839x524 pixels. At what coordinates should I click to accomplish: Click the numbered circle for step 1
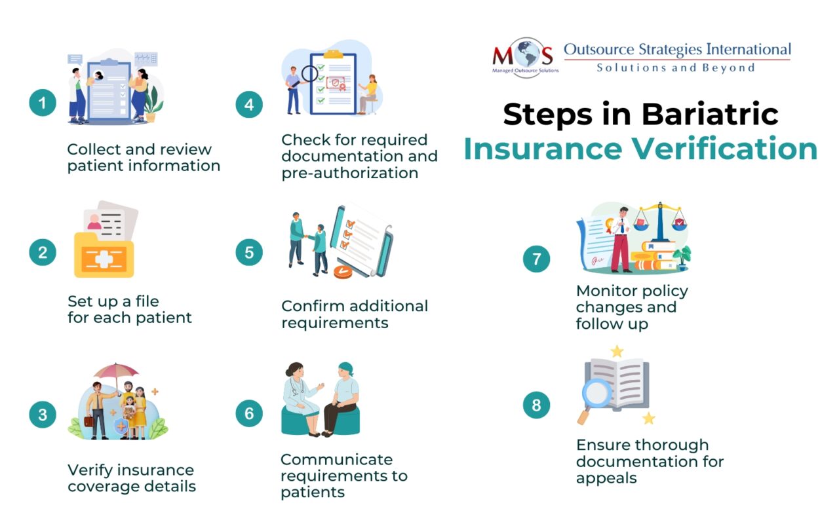[43, 103]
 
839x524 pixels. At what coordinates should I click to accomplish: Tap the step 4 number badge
[249, 103]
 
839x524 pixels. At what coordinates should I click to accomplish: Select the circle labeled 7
[536, 259]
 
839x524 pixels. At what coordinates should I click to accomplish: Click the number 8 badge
[536, 405]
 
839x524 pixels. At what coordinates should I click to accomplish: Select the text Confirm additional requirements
[354, 314]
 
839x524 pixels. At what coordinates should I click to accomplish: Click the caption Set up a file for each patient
[129, 310]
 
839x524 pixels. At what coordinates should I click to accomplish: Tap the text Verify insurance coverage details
[131, 478]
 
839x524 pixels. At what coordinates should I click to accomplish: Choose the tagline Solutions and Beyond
[675, 67]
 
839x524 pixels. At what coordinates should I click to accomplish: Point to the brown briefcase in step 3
[88, 421]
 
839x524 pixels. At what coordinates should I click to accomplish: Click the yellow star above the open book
[617, 352]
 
